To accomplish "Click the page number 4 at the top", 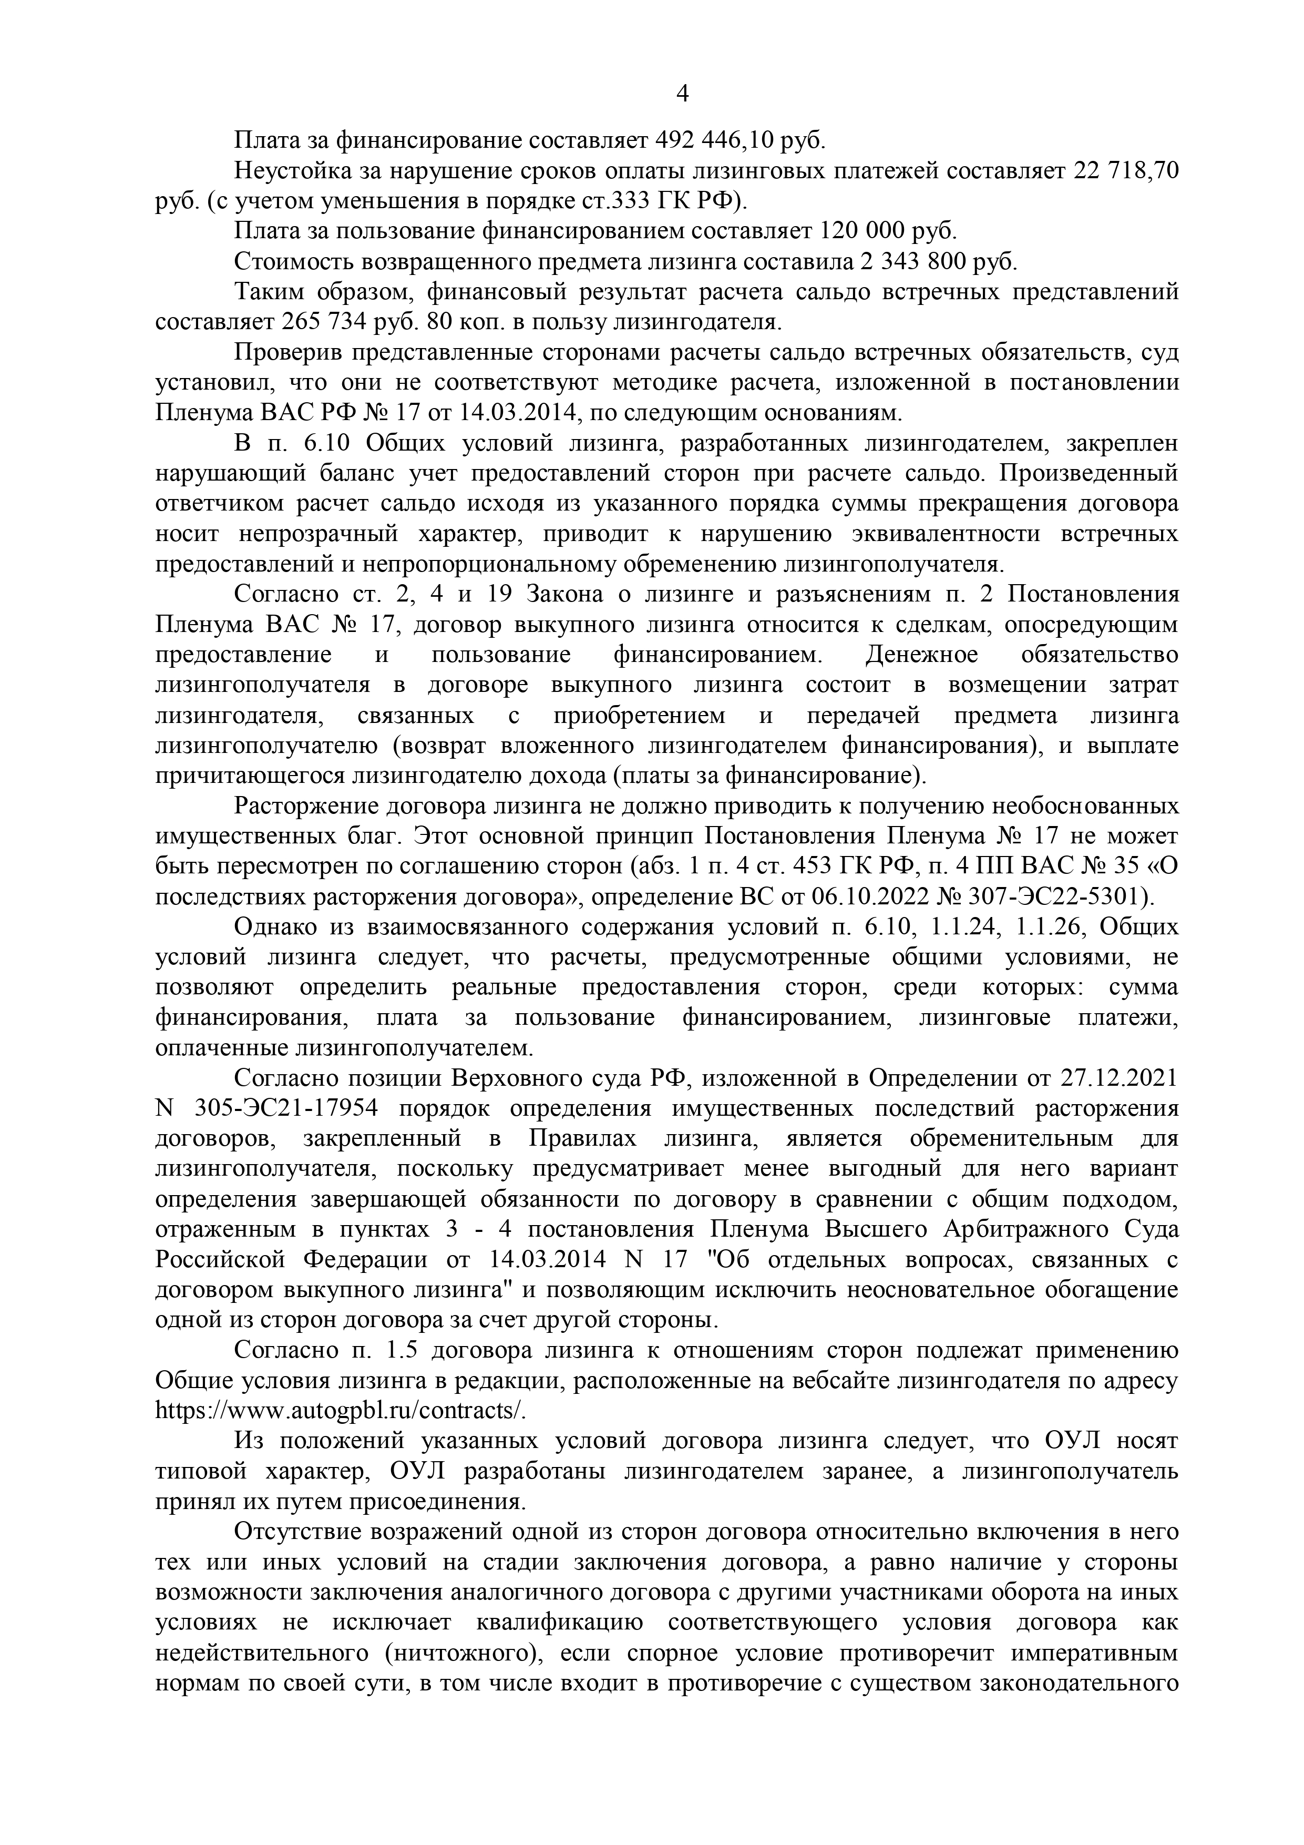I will coord(682,95).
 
